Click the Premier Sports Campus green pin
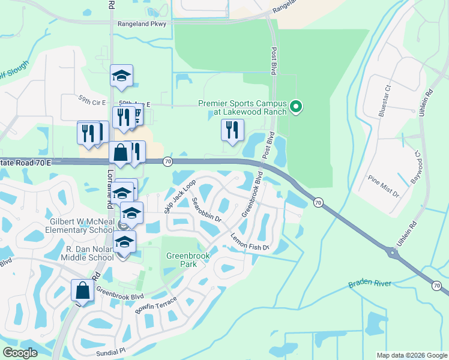point(295,107)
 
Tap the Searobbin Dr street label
point(207,211)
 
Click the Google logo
point(20,353)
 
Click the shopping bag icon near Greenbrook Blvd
point(83,291)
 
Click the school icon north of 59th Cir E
point(121,76)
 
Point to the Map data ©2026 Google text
point(411,355)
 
